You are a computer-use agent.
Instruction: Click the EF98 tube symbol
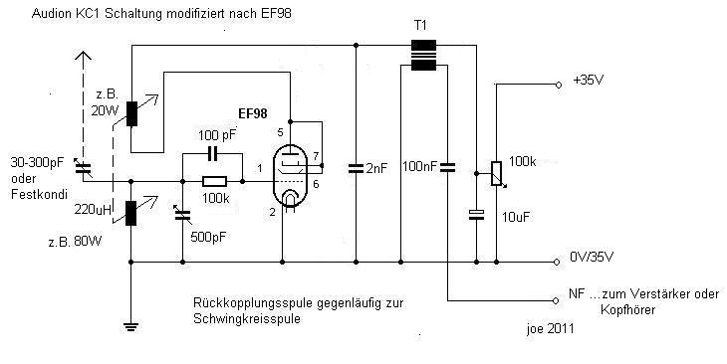coord(290,175)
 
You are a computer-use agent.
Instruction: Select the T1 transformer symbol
coord(423,56)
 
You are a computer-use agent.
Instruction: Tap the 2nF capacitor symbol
coord(356,169)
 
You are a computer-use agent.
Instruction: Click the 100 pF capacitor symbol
coord(213,154)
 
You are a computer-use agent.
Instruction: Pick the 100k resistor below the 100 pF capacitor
coord(215,182)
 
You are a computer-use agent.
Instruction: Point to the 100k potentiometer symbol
coord(496,174)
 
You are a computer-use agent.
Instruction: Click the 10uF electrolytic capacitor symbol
coord(476,215)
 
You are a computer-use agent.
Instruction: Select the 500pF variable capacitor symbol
coord(182,215)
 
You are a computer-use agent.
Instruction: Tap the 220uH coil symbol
coord(131,213)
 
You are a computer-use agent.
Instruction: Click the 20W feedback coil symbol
coord(131,114)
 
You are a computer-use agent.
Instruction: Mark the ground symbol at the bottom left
coord(131,327)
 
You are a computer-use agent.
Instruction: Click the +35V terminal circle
coord(559,85)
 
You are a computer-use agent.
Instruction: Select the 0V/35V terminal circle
coord(557,263)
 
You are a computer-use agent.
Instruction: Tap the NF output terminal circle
coord(556,301)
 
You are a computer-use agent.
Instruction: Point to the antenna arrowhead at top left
coord(84,57)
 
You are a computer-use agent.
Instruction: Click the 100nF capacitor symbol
coord(447,167)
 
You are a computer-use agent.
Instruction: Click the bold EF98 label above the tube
coord(253,114)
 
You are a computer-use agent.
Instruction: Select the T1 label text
coord(419,26)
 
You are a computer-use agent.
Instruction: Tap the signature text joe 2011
coord(551,329)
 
